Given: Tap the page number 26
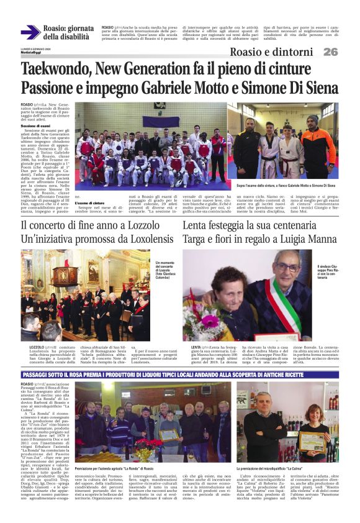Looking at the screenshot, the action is pyautogui.click(x=330, y=52).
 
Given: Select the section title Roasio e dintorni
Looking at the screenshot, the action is pyautogui.click(x=271, y=52).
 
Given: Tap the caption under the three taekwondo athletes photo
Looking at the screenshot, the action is pyautogui.click(x=285, y=185).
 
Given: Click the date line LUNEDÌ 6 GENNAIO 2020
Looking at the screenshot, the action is pyautogui.click(x=35, y=48).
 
